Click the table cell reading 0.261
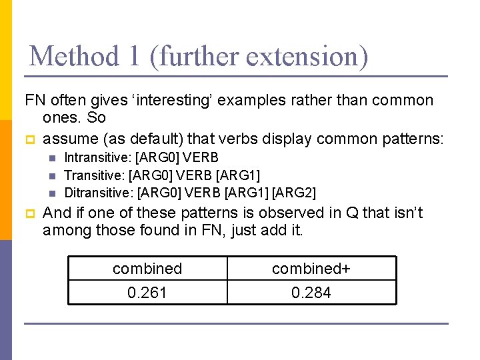pyautogui.click(x=147, y=293)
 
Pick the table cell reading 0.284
pyautogui.click(x=311, y=293)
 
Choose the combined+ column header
pyautogui.click(x=311, y=269)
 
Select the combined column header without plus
pyautogui.click(x=147, y=269)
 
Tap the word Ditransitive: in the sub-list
pyautogui.click(x=98, y=193)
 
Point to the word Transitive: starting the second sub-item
pyautogui.click(x=93, y=175)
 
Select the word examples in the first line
pyautogui.click(x=247, y=101)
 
